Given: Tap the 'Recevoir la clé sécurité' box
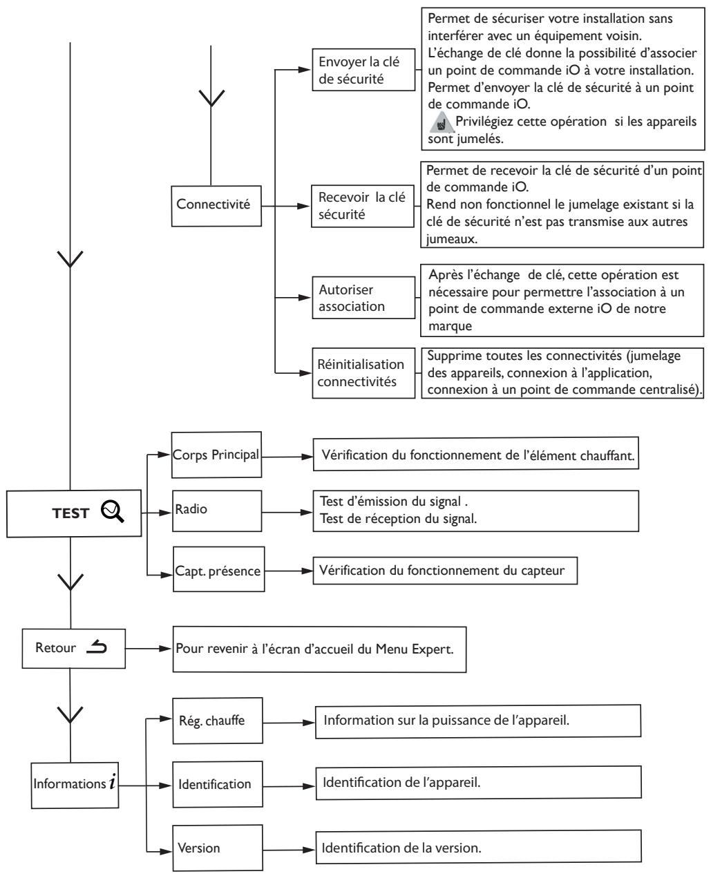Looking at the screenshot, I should pyautogui.click(x=368, y=205).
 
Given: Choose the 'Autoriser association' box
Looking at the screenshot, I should pyautogui.click(x=368, y=298).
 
